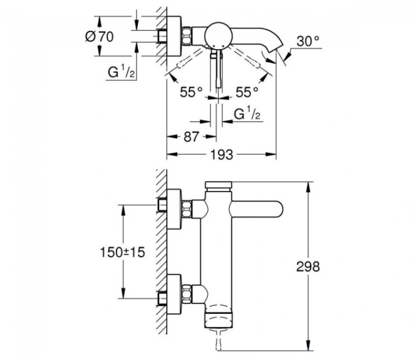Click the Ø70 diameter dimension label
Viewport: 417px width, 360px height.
coord(99,36)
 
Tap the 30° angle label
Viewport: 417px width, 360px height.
coord(307,41)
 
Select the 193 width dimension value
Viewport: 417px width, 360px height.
coord(221,154)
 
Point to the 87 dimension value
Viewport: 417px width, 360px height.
coord(191,137)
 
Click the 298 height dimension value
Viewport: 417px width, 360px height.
coord(308,267)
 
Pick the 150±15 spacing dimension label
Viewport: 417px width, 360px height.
coord(122,252)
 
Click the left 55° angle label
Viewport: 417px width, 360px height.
coord(191,92)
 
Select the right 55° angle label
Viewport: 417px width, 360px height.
coord(247,92)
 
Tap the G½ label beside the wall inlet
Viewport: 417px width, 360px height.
coord(121,72)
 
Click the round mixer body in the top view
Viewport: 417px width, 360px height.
coord(218,36)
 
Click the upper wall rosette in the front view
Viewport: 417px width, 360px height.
coord(174,209)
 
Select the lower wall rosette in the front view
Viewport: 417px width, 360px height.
coord(174,294)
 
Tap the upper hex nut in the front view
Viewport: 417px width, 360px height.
coord(187,209)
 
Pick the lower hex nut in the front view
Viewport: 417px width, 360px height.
coord(187,294)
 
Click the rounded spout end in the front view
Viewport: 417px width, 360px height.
coord(277,209)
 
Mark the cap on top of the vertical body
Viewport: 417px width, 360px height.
coord(219,185)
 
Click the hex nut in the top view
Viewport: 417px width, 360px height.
coord(187,36)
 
